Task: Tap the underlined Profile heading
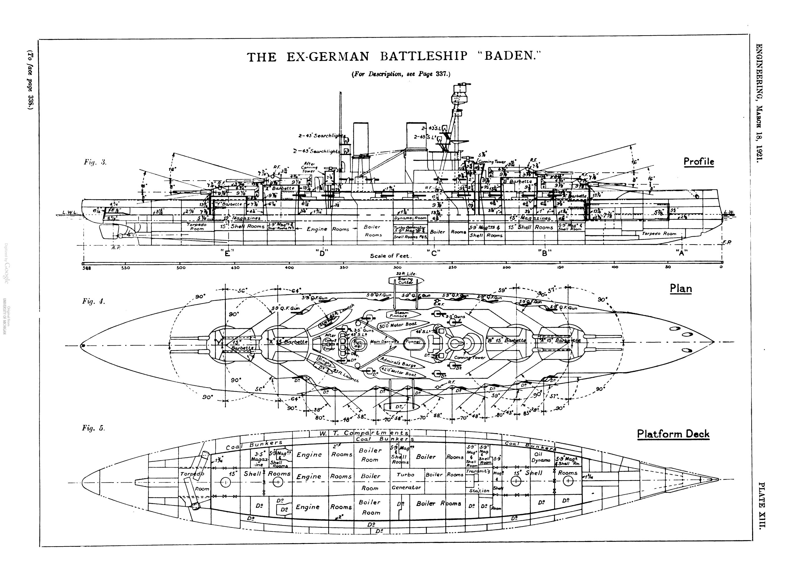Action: [x=699, y=161]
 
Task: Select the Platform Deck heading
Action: [x=673, y=434]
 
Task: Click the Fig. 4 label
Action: [x=93, y=301]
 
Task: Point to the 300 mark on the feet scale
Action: [x=397, y=268]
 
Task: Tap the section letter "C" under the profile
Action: [x=434, y=253]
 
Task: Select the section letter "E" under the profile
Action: [x=227, y=253]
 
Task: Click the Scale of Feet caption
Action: [x=391, y=256]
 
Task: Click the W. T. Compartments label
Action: [x=364, y=433]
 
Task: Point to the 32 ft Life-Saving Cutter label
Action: [x=406, y=279]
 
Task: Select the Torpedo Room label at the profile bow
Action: [x=659, y=234]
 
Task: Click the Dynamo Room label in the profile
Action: [x=411, y=218]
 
